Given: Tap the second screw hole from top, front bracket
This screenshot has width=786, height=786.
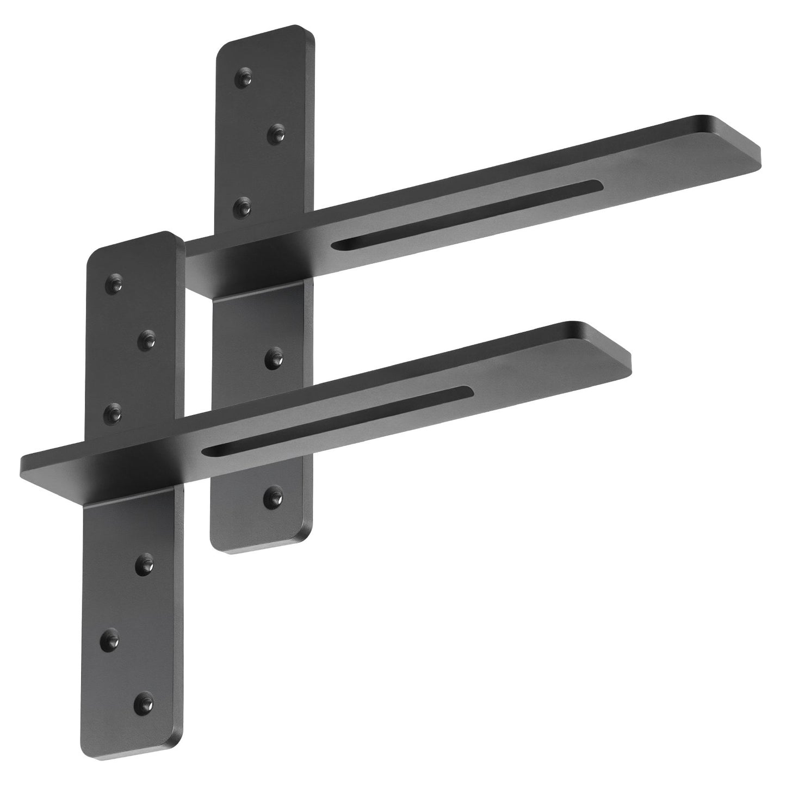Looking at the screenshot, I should pos(147,341).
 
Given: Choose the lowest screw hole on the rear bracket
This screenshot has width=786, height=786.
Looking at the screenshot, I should pos(272,496).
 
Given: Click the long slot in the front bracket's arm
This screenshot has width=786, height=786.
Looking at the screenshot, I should pos(337,418).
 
